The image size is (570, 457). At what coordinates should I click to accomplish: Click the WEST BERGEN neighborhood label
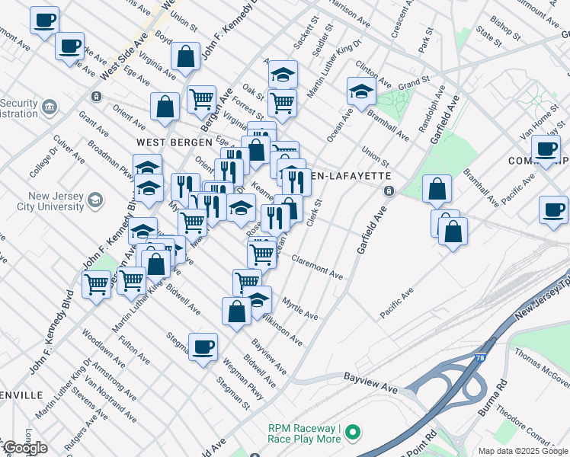pos(167,142)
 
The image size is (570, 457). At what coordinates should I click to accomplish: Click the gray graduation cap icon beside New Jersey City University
pos(95,200)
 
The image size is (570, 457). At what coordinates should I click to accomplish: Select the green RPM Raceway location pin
pos(352,433)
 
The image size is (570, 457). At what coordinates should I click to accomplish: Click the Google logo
pos(25,448)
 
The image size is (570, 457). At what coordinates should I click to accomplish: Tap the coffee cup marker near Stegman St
pos(203,347)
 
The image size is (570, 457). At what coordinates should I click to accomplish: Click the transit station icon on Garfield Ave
pos(389,190)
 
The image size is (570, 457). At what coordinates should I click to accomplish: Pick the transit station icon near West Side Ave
pos(96,97)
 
